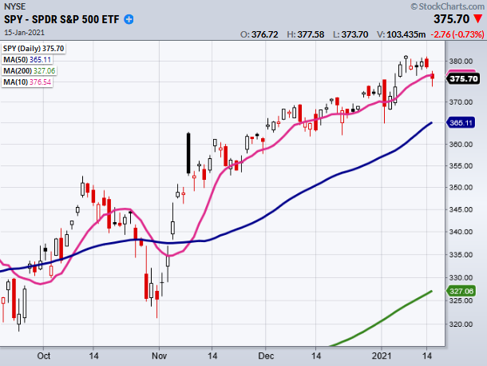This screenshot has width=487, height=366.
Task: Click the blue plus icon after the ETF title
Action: pos(130,19)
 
